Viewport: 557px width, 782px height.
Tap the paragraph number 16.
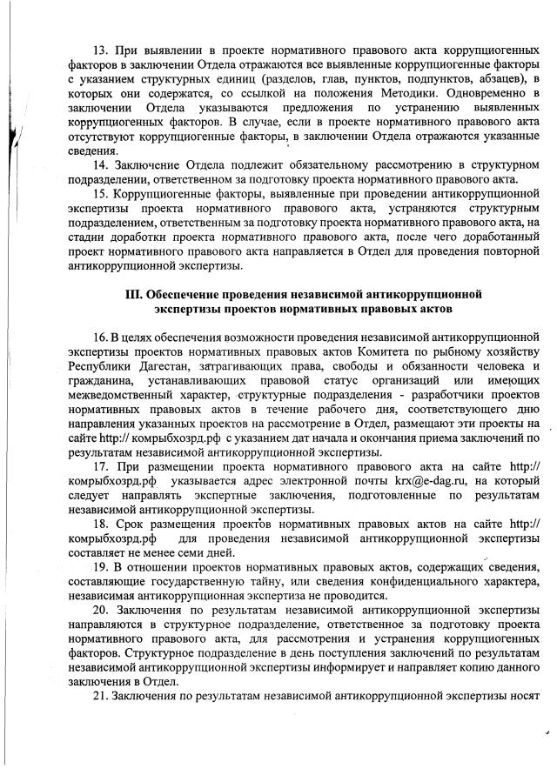98,336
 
